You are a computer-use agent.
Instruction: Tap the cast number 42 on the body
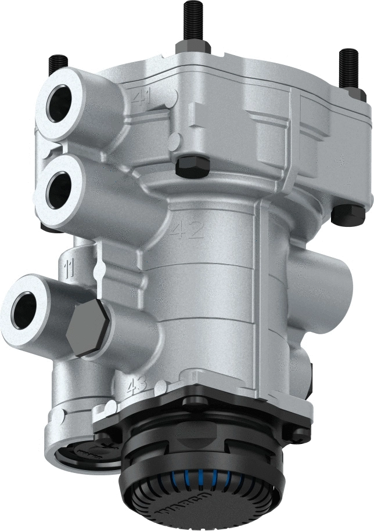(x=187, y=232)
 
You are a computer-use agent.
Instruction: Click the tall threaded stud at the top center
(x=192, y=20)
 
